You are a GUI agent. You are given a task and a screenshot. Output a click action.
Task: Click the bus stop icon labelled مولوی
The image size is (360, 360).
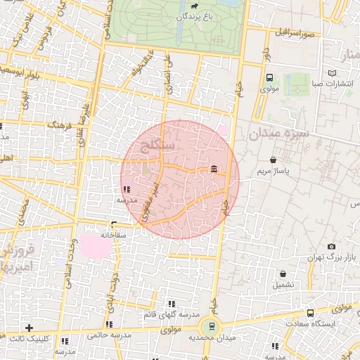pyautogui.click(x=270, y=78)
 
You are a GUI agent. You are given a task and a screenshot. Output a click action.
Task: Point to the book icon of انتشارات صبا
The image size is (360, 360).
pyautogui.click(x=332, y=72)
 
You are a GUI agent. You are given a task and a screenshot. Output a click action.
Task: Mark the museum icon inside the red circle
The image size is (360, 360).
pyautogui.click(x=214, y=167)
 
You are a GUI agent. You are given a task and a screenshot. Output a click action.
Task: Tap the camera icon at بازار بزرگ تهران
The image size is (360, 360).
pyautogui.click(x=331, y=246)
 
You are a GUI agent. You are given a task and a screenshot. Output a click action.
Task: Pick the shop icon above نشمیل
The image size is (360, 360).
pyautogui.click(x=283, y=274)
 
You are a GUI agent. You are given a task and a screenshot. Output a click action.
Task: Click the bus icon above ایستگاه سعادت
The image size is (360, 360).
pyautogui.click(x=310, y=313)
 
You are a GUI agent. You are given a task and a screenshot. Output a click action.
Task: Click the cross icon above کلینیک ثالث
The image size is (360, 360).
pyautogui.click(x=28, y=328)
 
